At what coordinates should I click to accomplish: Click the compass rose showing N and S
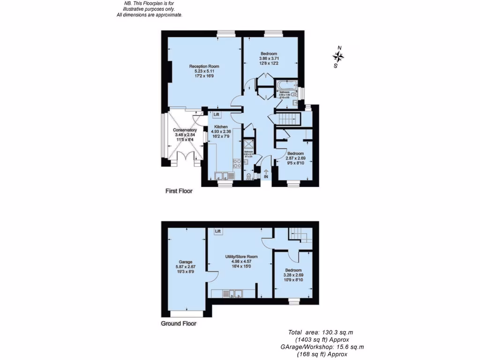click(338, 57)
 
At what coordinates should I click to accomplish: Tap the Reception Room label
click(204, 67)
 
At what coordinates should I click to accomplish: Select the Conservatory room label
click(184, 130)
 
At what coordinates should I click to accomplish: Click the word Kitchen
click(221, 127)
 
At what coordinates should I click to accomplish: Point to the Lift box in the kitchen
click(217, 114)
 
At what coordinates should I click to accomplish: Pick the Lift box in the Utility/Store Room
click(218, 232)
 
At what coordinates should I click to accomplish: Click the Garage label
click(186, 262)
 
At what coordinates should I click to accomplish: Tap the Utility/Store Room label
click(240, 257)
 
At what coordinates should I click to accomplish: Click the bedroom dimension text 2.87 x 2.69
click(295, 158)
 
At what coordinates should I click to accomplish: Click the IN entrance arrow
click(266, 174)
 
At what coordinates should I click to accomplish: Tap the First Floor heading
click(179, 191)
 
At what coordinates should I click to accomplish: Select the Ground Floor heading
click(179, 323)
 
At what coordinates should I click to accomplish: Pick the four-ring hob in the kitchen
click(237, 163)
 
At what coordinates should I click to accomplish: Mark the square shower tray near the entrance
click(248, 143)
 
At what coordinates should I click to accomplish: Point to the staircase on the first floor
click(287, 119)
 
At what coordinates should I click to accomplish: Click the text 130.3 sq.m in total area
click(334, 332)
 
